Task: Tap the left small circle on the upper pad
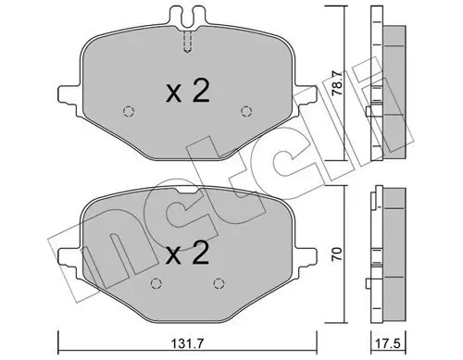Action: [x=128, y=114]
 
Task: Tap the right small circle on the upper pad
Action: [x=245, y=112]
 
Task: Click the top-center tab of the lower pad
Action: [x=187, y=192]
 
